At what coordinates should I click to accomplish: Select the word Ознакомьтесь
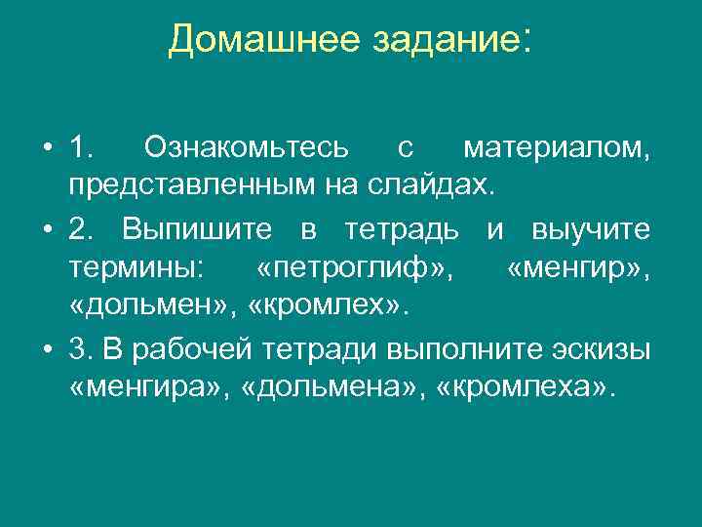pyautogui.click(x=244, y=147)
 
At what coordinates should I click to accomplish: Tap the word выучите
pyautogui.click(x=592, y=229)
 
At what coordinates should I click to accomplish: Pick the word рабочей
pyautogui.click(x=236, y=349)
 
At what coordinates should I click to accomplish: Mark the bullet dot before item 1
pyautogui.click(x=46, y=148)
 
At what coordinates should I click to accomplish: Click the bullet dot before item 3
pyautogui.click(x=46, y=350)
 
